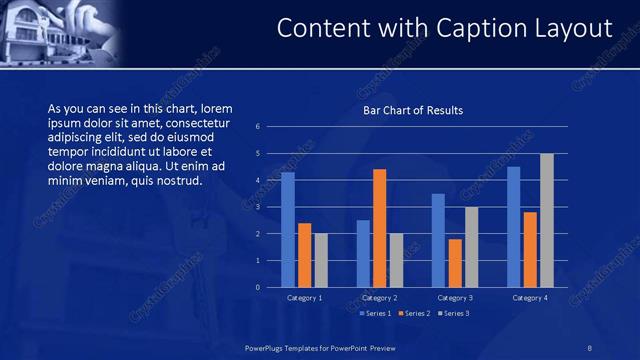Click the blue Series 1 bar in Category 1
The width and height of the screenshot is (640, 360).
[288, 230]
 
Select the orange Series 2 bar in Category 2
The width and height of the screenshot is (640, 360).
[380, 228]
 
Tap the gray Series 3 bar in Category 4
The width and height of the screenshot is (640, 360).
[546, 220]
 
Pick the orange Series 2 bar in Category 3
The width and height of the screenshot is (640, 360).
[455, 263]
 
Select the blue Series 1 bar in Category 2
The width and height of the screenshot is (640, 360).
[363, 254]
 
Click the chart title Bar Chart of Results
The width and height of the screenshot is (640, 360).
[413, 110]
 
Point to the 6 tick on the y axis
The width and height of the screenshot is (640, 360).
[258, 127]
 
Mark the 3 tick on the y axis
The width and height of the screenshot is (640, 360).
[258, 207]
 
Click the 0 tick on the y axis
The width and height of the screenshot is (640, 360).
[258, 288]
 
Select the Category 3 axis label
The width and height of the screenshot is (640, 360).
[455, 298]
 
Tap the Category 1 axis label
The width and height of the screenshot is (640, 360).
[304, 298]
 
